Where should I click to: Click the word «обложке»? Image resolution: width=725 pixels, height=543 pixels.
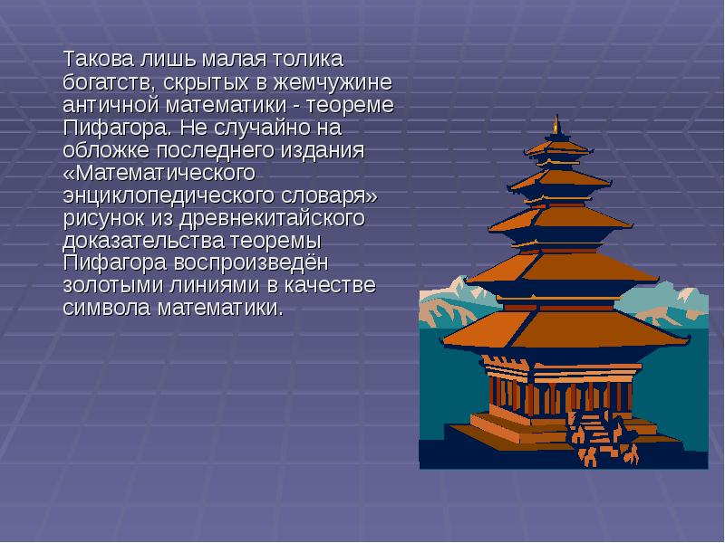click(105, 150)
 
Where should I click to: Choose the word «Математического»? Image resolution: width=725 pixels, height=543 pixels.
click(159, 173)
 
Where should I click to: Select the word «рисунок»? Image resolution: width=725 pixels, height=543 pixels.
click(104, 218)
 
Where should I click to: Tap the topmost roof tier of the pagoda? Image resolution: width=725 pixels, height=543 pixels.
click(556, 147)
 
